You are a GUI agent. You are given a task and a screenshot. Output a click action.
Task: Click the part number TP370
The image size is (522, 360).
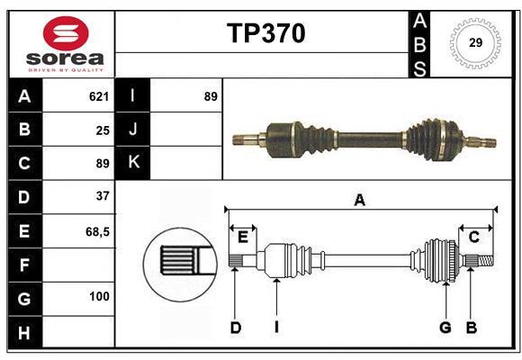click(265, 33)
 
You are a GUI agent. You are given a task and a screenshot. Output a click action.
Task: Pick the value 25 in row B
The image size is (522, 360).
click(103, 130)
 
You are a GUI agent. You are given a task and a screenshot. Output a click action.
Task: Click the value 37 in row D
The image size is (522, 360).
click(103, 196)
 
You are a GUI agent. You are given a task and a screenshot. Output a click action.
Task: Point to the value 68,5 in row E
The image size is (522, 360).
click(97, 231)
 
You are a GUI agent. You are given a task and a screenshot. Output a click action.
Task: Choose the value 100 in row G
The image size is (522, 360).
click(99, 296)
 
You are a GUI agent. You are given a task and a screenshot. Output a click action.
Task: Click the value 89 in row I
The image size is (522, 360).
click(211, 96)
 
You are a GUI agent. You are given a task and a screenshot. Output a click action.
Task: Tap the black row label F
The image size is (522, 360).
click(24, 265)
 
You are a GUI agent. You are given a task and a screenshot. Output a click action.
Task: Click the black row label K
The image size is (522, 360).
click(133, 163)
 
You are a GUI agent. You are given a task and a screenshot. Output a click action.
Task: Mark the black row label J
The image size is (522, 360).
click(133, 130)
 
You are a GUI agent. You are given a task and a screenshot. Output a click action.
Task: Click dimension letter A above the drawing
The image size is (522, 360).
click(360, 201)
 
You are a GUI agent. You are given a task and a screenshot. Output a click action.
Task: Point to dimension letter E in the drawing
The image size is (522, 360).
click(242, 237)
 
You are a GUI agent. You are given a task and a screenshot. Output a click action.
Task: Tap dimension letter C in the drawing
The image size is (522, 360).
click(473, 237)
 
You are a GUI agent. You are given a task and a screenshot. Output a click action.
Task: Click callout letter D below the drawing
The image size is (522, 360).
click(235, 328)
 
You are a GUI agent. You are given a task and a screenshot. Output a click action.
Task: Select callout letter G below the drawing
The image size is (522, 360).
click(445, 328)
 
